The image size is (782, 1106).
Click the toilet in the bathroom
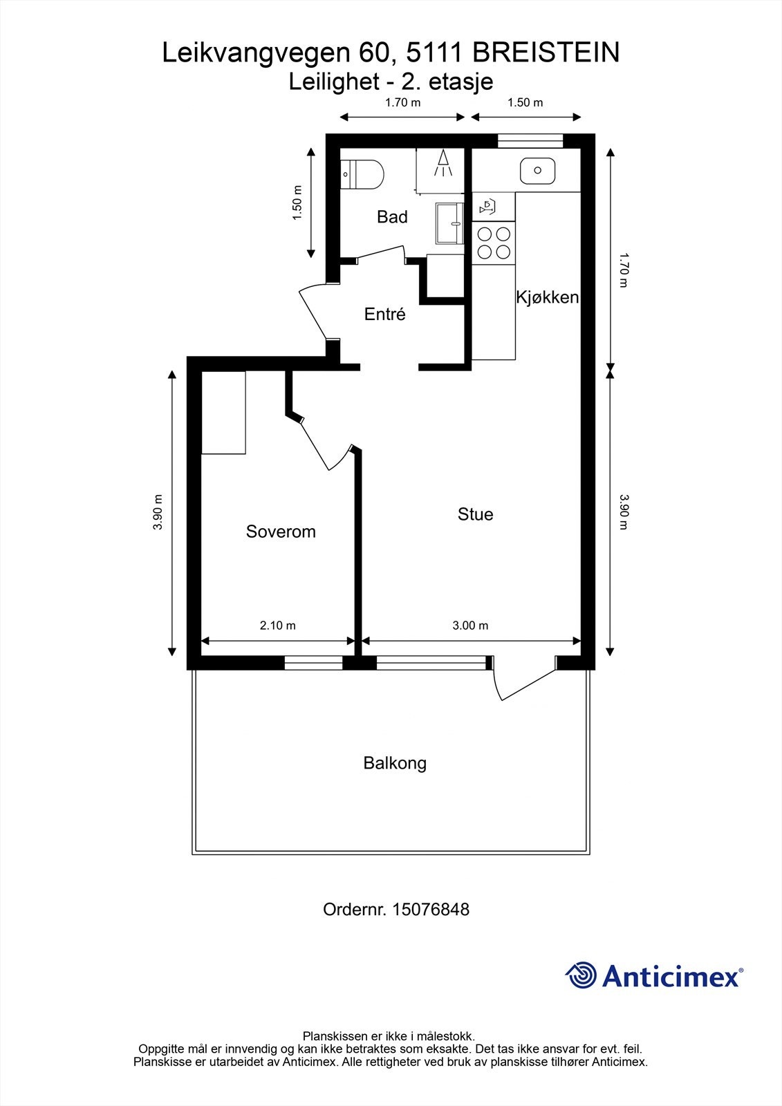tap(362, 174)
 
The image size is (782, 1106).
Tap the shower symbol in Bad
tap(443, 163)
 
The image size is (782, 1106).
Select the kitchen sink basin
tap(537, 170)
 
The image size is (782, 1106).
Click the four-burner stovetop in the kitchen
tap(494, 243)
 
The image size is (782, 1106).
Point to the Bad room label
tap(392, 217)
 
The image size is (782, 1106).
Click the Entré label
tap(385, 314)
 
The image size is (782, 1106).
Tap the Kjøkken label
tap(548, 297)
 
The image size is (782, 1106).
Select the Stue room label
tap(475, 514)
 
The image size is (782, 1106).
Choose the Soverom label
tap(281, 532)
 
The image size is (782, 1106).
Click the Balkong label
tap(395, 763)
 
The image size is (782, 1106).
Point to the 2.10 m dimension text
tap(278, 626)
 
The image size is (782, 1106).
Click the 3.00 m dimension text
tap(470, 626)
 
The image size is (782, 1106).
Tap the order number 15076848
tap(430, 910)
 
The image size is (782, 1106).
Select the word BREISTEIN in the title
tap(546, 53)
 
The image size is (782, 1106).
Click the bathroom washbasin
tap(449, 223)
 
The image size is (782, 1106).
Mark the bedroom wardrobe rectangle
tap(223, 412)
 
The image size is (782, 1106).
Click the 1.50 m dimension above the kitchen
tap(525, 102)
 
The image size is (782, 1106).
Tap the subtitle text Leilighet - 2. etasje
tap(391, 82)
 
